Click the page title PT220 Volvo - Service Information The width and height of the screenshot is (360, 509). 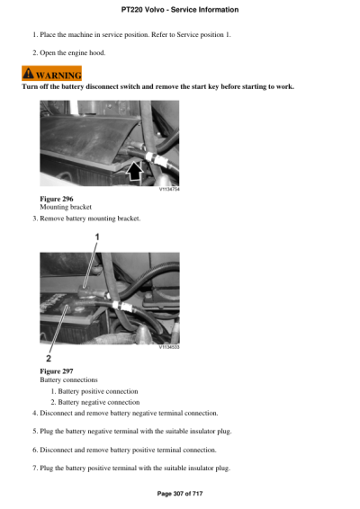(179, 10)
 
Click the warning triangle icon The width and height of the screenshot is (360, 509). (30, 74)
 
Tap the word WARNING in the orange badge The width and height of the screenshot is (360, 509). (58, 75)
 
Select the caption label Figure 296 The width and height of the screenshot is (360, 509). (57, 198)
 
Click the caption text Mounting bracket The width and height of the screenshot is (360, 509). (66, 207)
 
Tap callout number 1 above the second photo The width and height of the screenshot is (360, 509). (97, 237)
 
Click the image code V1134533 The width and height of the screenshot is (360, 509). (168, 346)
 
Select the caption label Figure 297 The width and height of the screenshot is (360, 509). (57, 371)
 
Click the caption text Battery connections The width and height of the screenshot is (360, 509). (69, 380)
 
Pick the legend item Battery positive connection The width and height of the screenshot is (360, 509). (97, 391)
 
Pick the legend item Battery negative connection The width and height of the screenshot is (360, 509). (98, 402)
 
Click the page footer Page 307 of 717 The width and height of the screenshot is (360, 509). (179, 493)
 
